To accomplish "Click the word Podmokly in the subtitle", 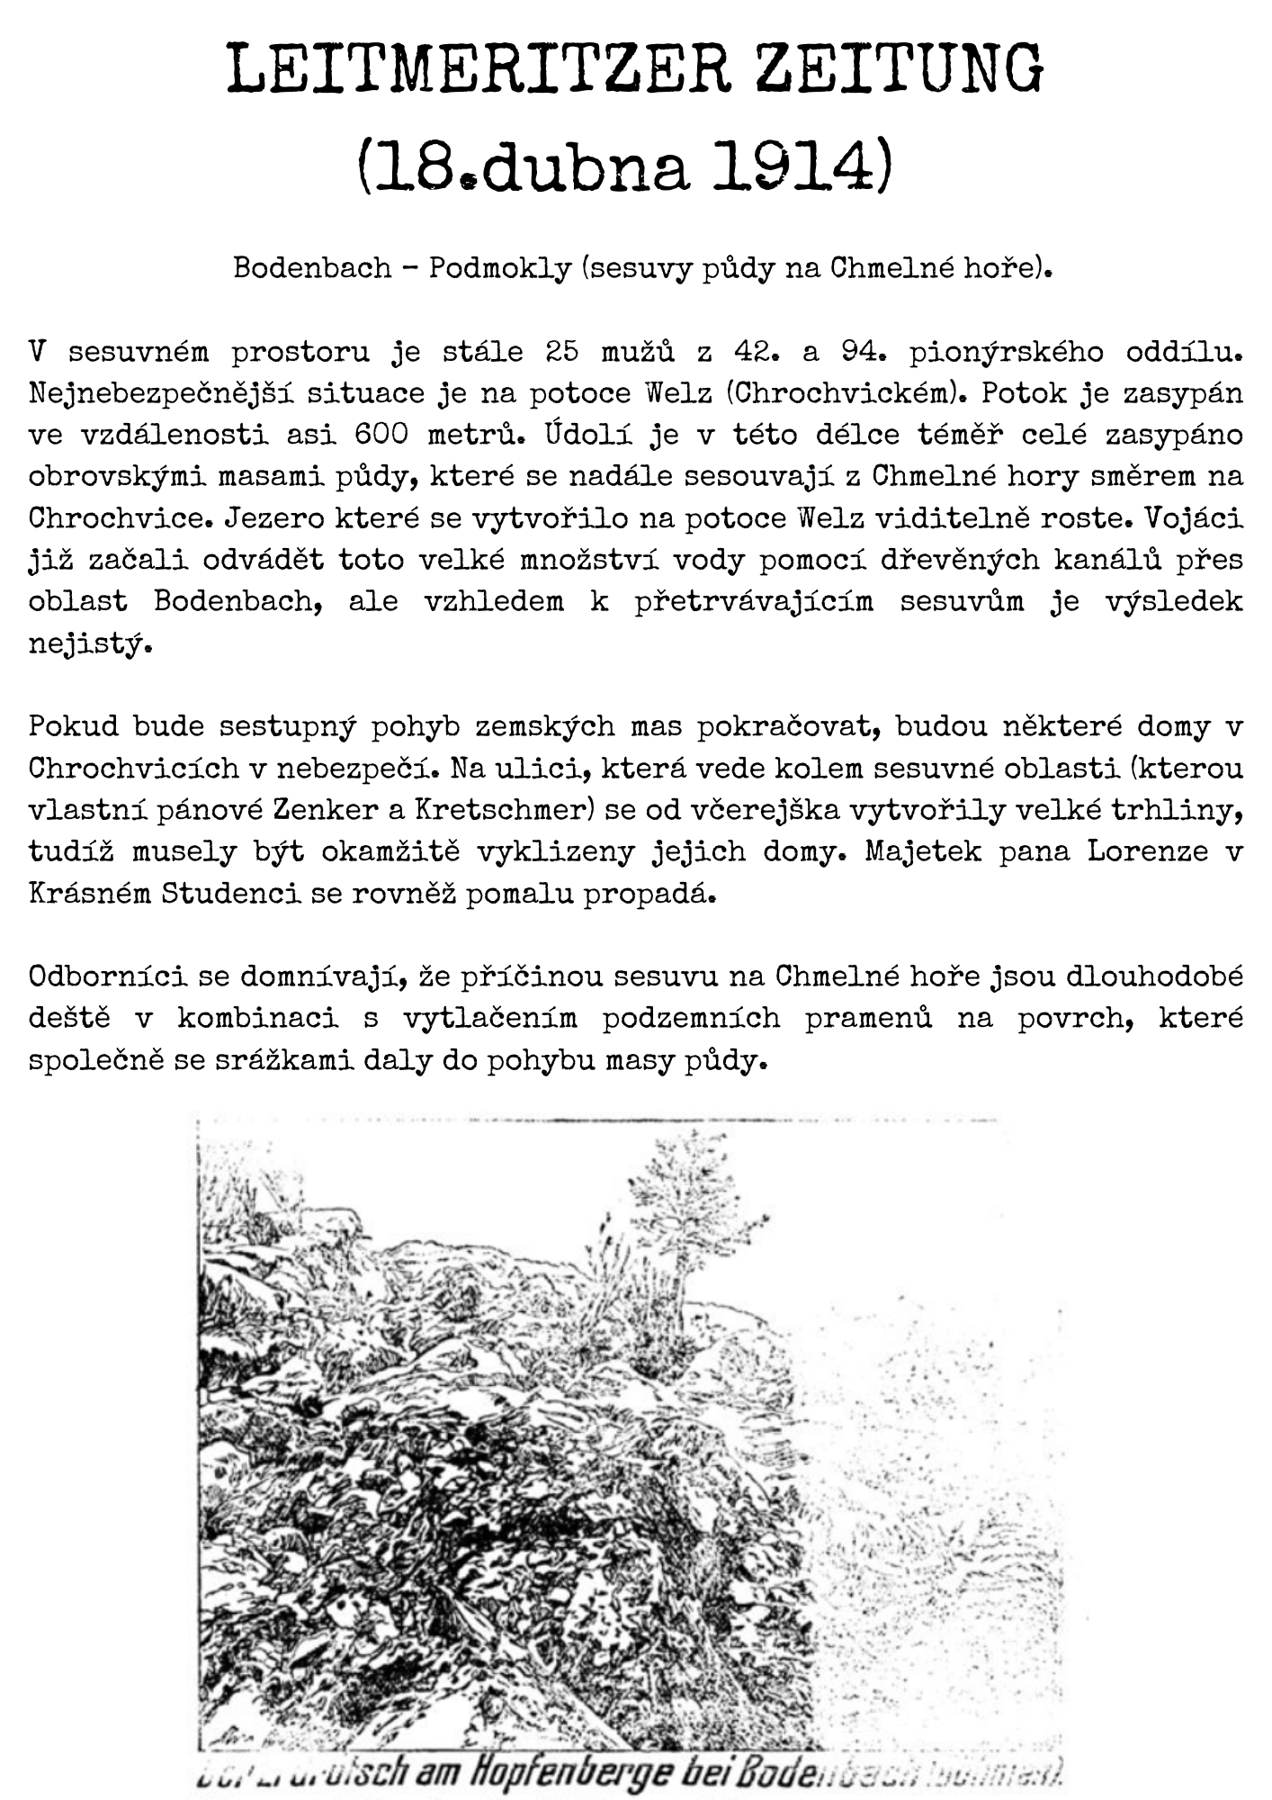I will [x=499, y=268].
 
